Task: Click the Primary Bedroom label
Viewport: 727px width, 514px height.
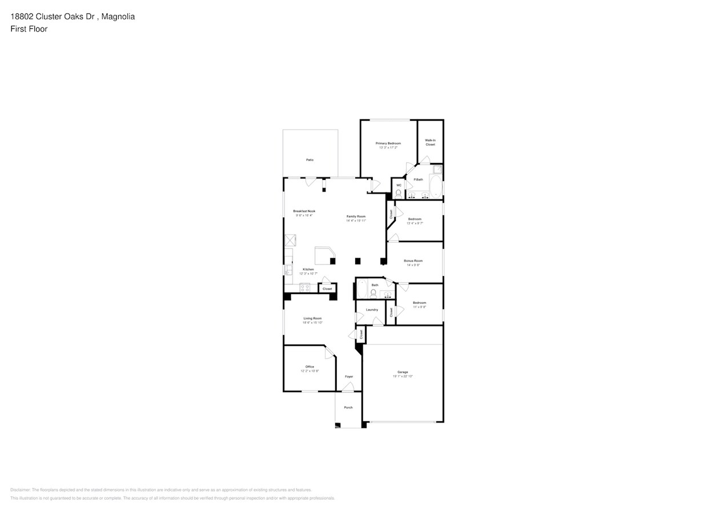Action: [388, 143]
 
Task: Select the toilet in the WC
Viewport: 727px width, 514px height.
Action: [398, 194]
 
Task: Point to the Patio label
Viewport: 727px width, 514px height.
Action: [310, 160]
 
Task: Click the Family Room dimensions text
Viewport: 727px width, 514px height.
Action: [356, 220]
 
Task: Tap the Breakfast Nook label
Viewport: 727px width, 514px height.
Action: [304, 211]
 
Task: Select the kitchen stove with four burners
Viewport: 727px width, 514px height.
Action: [305, 288]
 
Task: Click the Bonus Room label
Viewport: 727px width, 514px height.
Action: [413, 261]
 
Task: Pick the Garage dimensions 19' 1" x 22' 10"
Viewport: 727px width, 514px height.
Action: [403, 376]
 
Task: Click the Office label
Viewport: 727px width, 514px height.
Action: [310, 367]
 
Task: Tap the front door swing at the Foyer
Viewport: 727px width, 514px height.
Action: [348, 387]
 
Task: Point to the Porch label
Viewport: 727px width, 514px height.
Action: [348, 407]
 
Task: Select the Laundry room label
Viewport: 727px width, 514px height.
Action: [372, 310]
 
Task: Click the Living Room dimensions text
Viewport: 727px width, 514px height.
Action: [312, 323]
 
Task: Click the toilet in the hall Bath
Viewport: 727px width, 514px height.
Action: [373, 294]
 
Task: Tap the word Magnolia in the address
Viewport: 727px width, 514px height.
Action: [118, 17]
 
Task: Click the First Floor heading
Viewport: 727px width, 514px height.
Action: [29, 29]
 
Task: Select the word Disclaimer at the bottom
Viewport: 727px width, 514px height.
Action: [20, 490]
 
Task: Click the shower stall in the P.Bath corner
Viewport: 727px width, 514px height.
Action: [437, 170]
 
